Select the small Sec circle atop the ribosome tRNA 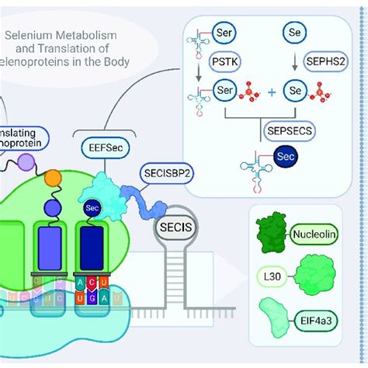coord(90,209)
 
